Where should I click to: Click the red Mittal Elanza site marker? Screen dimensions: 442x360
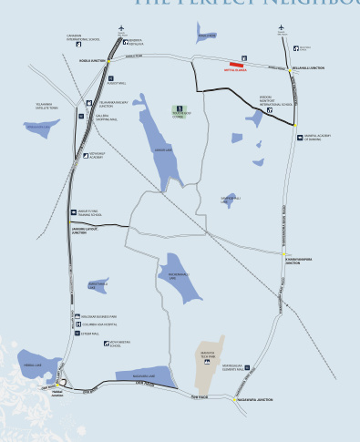[x=236, y=64]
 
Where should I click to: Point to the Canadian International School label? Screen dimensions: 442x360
[x=81, y=38]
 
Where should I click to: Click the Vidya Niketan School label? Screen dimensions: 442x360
[x=121, y=344]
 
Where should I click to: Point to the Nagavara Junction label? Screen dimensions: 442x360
[x=252, y=400]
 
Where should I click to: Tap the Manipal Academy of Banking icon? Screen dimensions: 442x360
[x=299, y=138]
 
